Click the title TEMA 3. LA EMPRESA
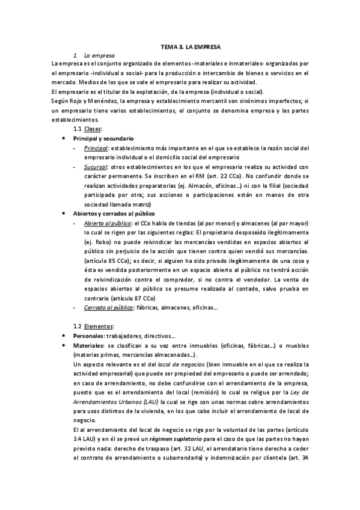(x=191, y=46)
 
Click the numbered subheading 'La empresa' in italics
(x=99, y=55)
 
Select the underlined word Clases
(x=93, y=129)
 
